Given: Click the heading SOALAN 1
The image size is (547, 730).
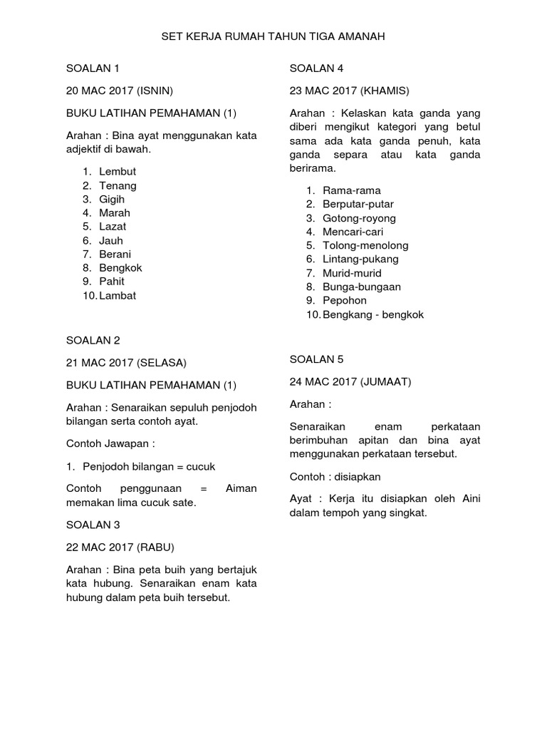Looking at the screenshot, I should coord(93,68).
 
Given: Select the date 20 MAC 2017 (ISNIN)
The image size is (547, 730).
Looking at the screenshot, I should coord(120,91).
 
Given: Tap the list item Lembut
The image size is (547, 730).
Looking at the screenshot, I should coord(118,172).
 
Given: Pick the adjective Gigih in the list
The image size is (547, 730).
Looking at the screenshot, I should coord(112,199).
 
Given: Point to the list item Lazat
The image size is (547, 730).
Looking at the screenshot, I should coord(113,227).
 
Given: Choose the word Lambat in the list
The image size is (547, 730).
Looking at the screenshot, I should coord(118,295).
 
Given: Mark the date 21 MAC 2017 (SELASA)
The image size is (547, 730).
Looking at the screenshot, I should coord(125,362).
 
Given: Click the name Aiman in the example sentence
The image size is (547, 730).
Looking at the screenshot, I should coord(241,488).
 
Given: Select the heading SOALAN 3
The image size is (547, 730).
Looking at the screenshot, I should coord(93,525).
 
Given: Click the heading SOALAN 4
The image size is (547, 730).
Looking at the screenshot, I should coord(316,68).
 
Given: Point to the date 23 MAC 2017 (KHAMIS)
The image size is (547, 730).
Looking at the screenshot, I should coord(350,91).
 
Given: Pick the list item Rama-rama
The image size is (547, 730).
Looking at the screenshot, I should coord(351,191).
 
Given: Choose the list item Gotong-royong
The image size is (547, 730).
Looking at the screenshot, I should coord(359,218).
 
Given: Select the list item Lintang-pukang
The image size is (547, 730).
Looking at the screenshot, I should coord(360,259).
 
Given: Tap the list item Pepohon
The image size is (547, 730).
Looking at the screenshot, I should coord(345,300).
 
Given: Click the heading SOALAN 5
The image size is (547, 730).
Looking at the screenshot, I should coord(316,359).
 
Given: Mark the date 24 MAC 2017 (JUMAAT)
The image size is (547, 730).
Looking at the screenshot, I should coord(350,381).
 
